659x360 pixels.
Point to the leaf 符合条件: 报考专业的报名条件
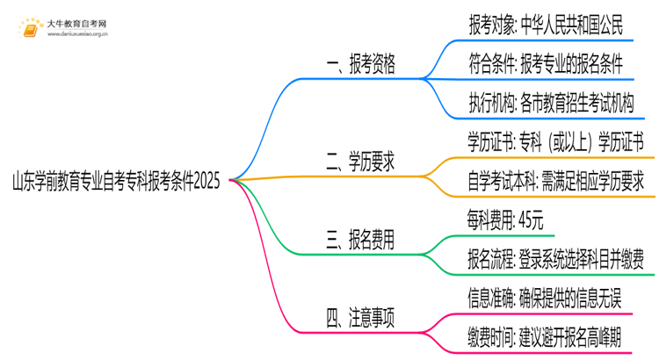pyautogui.click(x=547, y=63)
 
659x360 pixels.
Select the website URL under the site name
pyautogui.click(x=77, y=36)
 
